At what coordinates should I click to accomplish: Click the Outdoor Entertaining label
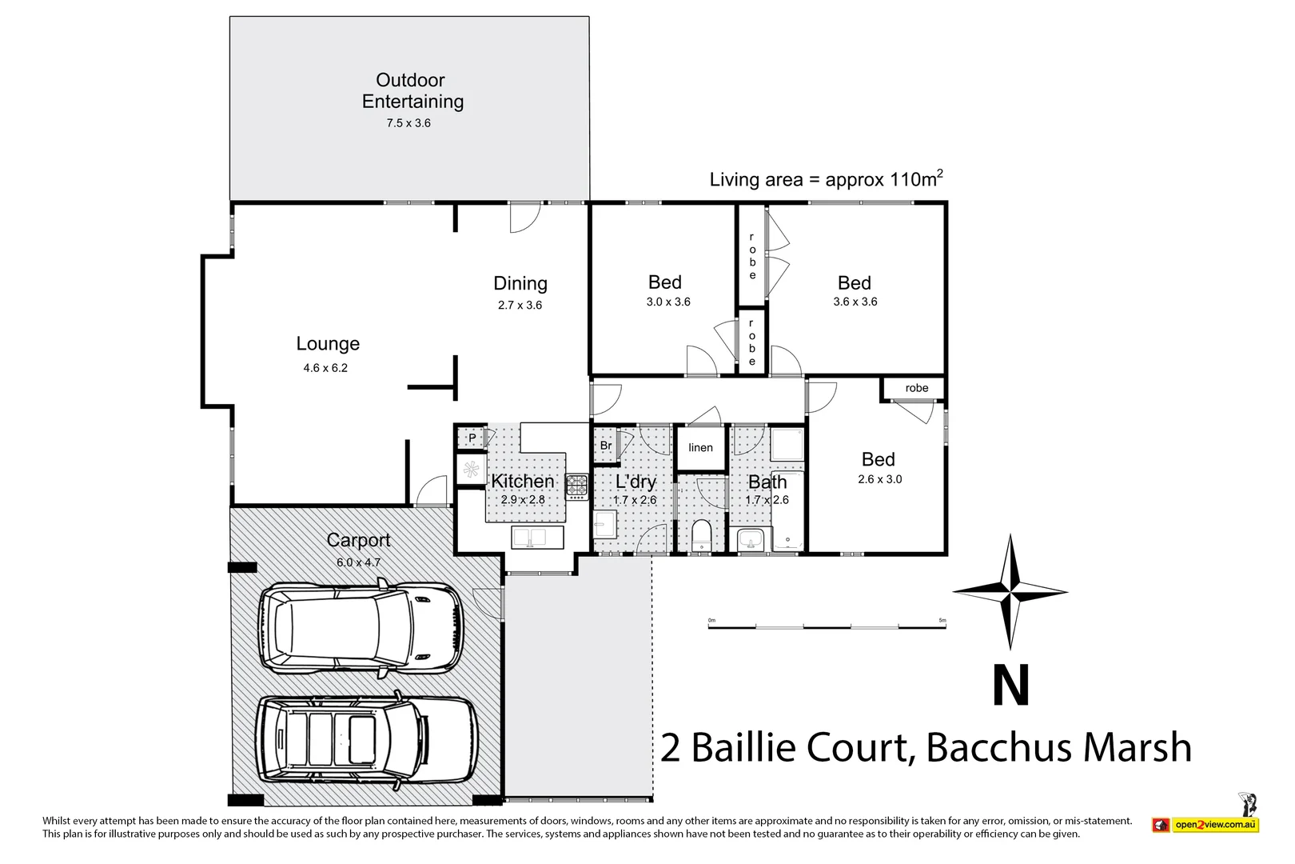point(412,90)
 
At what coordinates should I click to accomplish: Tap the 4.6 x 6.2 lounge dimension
point(325,368)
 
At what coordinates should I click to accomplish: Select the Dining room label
point(520,283)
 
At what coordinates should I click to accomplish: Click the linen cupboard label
point(700,447)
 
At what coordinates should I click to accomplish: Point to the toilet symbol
point(701,534)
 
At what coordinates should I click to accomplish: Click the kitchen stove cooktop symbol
point(577,486)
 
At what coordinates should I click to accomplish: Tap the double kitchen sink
point(528,537)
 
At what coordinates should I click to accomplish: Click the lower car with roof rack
point(366,740)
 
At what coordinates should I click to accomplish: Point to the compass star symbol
point(1010,592)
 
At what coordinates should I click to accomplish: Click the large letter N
point(1010,686)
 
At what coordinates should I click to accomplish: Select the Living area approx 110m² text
point(826,179)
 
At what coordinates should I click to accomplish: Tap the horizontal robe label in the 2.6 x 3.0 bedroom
point(917,388)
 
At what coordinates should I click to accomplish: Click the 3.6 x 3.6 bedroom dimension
point(855,302)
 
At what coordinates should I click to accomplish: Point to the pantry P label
point(472,438)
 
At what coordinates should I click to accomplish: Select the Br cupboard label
point(606,446)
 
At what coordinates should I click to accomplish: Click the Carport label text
point(358,540)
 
